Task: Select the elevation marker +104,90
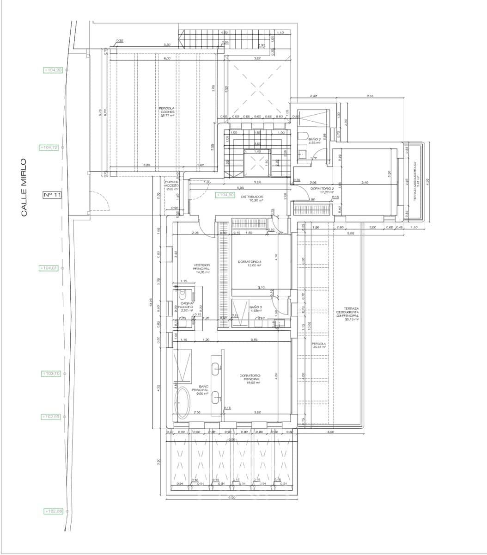pos(53,70)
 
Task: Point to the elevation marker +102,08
pos(54,511)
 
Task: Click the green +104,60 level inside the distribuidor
pos(226,195)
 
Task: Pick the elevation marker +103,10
pos(51,373)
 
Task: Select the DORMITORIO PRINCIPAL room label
pos(250,379)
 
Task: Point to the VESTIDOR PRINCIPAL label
pos(202,269)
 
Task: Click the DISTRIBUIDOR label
pos(252,197)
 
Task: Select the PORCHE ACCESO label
pos(172,185)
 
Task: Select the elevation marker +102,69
pos(51,417)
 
